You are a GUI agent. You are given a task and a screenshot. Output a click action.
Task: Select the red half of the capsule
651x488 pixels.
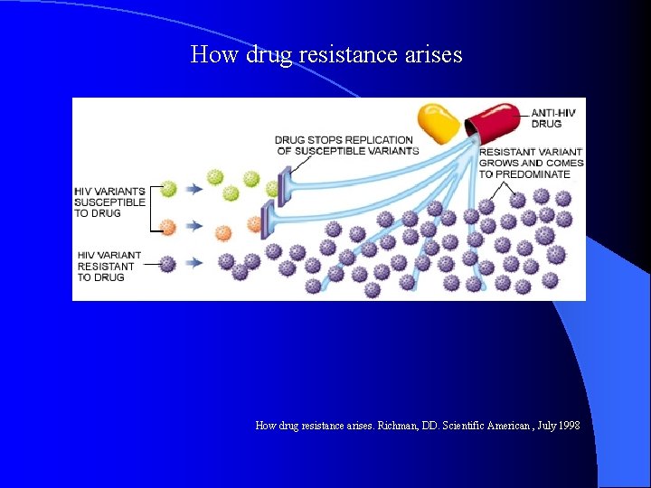(493, 119)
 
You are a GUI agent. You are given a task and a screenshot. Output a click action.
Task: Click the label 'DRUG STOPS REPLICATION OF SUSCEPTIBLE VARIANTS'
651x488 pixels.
(346, 145)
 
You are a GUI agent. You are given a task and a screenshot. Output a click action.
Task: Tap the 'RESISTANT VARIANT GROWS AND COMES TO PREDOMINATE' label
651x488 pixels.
(531, 163)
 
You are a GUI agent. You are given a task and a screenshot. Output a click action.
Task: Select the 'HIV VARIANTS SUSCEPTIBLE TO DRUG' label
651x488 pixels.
(109, 202)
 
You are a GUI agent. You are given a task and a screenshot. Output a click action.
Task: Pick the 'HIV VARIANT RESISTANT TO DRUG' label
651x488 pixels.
(106, 266)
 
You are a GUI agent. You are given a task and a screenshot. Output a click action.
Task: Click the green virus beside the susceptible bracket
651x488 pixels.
(168, 189)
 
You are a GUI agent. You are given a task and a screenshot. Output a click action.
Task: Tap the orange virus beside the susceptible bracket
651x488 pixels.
(168, 224)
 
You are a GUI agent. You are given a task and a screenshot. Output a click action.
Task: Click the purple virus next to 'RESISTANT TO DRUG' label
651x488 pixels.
(168, 264)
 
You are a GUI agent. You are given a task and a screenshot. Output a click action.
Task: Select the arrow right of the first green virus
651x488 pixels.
(193, 189)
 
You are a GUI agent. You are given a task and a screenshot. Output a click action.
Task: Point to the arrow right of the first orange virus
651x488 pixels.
(193, 224)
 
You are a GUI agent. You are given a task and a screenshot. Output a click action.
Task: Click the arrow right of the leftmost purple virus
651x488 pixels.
(193, 263)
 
